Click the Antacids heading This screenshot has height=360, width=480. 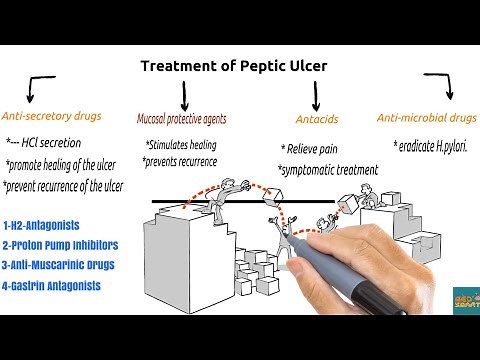tap(317, 120)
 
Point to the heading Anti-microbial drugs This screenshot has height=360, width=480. tap(426, 118)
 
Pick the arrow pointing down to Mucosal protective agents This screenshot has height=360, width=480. tap(185, 95)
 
